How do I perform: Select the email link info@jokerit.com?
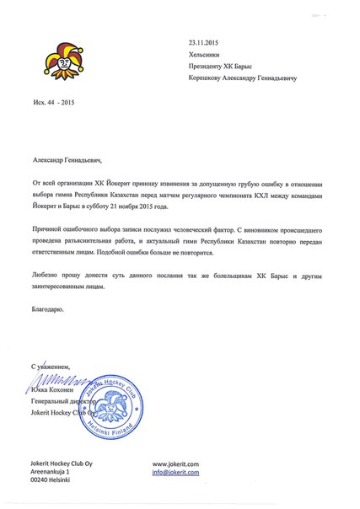coord(175,474)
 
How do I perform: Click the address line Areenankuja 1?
coord(56,474)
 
